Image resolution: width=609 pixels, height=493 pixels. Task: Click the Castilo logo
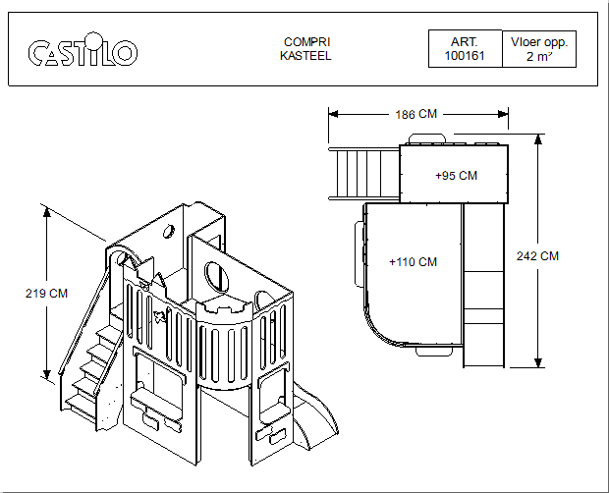click(83, 49)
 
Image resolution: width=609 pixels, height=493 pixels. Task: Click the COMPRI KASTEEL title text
click(306, 49)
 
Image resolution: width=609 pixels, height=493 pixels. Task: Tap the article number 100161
click(465, 56)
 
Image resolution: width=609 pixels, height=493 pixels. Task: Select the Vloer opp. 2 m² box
click(539, 49)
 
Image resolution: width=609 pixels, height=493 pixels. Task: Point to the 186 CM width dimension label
click(415, 114)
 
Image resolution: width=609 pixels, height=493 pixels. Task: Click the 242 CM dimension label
click(537, 256)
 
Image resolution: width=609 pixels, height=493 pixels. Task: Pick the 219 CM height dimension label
click(46, 293)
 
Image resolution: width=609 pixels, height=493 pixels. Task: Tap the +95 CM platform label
click(456, 176)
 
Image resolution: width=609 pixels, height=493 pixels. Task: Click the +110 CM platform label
click(413, 262)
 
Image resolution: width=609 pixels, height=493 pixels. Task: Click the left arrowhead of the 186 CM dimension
click(333, 114)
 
